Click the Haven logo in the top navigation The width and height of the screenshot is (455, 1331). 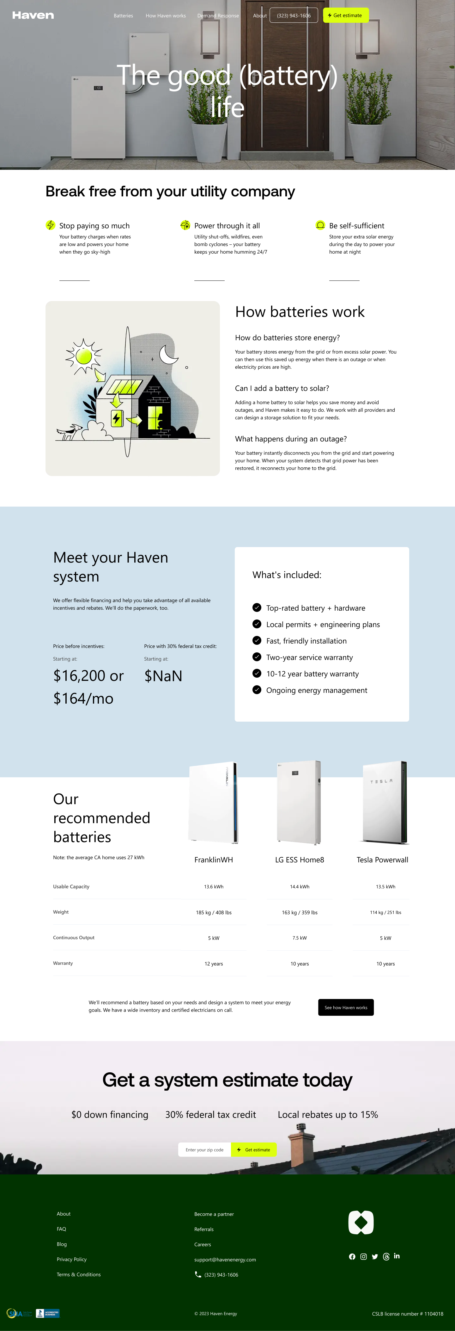click(x=33, y=15)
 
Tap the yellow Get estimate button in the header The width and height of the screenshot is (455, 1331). click(x=345, y=15)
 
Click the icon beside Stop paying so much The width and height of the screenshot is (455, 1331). click(x=51, y=225)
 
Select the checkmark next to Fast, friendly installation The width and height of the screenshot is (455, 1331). click(x=257, y=641)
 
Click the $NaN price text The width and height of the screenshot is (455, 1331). click(x=163, y=676)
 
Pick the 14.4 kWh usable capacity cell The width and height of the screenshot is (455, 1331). click(x=300, y=887)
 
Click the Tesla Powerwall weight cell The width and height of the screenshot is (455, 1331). click(x=385, y=913)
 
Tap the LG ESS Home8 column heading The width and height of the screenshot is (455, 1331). click(x=300, y=860)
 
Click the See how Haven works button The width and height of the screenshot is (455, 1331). click(x=345, y=1007)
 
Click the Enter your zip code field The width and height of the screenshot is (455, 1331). click(x=204, y=1149)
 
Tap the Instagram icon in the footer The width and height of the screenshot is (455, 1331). click(x=364, y=1257)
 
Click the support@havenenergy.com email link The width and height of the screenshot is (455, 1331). click(x=225, y=1260)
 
